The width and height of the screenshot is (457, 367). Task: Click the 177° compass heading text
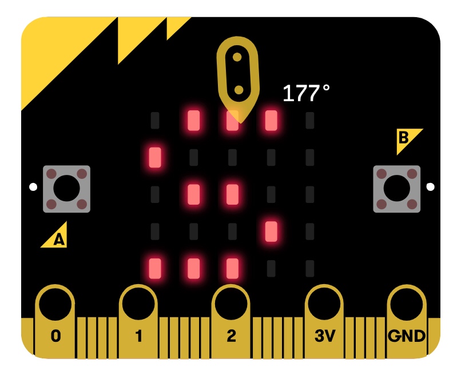pos(306,93)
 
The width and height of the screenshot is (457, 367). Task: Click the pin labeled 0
pos(55,320)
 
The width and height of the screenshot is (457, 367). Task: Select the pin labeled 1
pos(138,320)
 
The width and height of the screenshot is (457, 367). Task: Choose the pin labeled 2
pos(231,320)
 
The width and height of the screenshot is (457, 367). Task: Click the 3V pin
pos(324,320)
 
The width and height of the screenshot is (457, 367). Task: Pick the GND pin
pos(407,320)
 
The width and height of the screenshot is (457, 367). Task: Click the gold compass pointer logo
pos(237,74)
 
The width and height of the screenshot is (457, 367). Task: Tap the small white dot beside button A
pos(33,186)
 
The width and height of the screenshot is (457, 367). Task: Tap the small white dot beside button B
pos(430,186)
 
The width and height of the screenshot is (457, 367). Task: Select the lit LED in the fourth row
pos(271,231)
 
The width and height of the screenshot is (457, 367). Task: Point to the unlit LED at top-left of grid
pos(155,120)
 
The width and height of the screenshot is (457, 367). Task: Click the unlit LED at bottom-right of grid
pos(310,268)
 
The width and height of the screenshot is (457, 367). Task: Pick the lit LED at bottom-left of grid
pos(155,268)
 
